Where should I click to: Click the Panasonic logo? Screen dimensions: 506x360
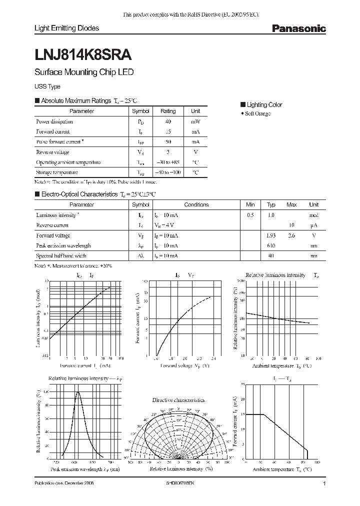[x=298, y=28]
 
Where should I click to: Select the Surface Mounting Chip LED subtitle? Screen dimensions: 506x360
[x=83, y=72]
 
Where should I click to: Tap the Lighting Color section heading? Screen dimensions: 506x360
[x=264, y=104]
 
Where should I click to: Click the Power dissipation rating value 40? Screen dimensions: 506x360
[x=168, y=121]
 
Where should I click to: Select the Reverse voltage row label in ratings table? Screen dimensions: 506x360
[x=52, y=152]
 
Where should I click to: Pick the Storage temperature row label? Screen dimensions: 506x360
[x=57, y=172]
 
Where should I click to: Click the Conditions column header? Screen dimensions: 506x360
[x=196, y=204]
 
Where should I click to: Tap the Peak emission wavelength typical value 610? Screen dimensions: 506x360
[x=271, y=245]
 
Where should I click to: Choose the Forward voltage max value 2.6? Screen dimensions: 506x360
[x=291, y=235]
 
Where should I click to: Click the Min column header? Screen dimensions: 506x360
[x=250, y=204]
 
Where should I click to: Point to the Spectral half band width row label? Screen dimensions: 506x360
[x=61, y=256]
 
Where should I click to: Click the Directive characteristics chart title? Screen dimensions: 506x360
[x=178, y=400]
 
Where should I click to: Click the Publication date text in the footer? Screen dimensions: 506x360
[x=63, y=484]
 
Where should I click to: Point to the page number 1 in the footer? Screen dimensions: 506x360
[x=324, y=484]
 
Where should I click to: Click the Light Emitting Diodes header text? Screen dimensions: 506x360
[x=66, y=28]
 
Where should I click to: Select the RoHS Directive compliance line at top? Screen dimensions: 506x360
[x=191, y=15]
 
